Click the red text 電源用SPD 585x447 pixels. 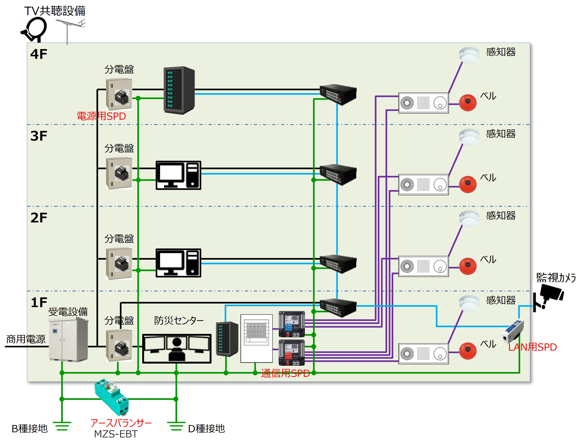tap(101, 116)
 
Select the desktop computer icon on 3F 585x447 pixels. tap(178, 175)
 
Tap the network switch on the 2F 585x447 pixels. tap(338, 264)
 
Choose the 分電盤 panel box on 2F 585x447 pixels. tap(119, 263)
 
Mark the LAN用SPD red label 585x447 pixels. tap(532, 347)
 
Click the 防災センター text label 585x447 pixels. tap(179, 321)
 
